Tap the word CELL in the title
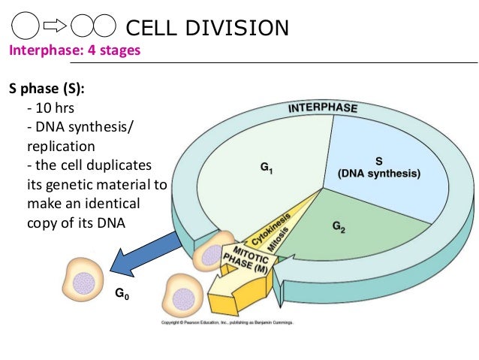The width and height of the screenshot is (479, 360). click(x=151, y=29)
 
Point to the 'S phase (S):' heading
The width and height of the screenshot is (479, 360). click(x=47, y=89)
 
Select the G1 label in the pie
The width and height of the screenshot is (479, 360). click(x=266, y=170)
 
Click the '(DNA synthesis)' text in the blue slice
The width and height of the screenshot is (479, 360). click(x=378, y=174)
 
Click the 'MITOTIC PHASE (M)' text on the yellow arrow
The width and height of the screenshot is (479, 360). click(x=248, y=258)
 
